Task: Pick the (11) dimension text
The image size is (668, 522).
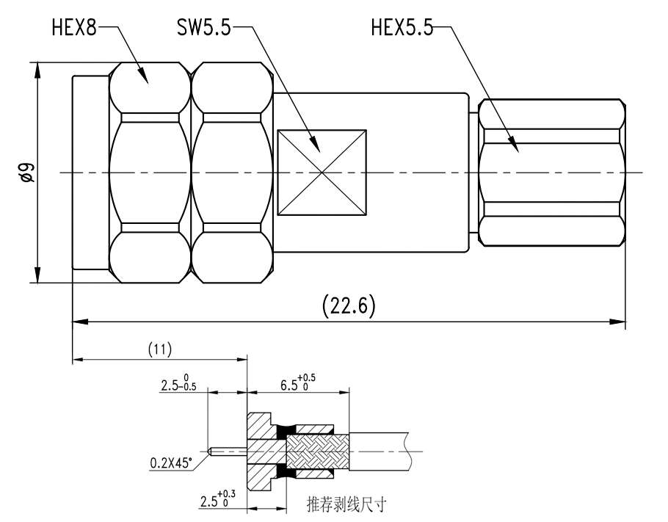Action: click(159, 350)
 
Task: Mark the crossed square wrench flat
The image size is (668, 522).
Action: click(321, 173)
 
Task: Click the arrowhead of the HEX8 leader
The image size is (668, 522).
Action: click(147, 81)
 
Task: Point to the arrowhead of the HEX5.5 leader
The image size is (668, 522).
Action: click(518, 151)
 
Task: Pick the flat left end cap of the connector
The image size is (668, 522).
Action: click(90, 173)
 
